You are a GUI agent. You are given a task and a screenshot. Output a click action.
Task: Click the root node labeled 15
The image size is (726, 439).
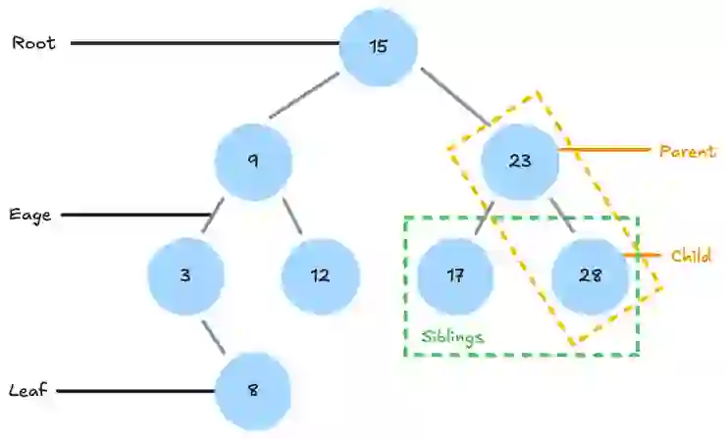click(x=379, y=46)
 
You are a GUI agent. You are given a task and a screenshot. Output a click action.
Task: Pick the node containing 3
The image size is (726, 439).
click(x=185, y=275)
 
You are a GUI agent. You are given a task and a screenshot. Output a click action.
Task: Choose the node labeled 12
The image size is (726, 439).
click(x=320, y=275)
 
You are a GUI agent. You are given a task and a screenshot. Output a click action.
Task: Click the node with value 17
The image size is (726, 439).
click(x=454, y=275)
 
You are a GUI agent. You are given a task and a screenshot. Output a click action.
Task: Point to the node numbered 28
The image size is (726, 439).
click(x=589, y=275)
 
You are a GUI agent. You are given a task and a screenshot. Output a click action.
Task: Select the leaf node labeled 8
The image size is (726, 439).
click(x=252, y=390)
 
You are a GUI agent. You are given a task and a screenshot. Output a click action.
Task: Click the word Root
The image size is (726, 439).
click(x=34, y=43)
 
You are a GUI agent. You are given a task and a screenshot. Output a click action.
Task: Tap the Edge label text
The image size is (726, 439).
click(x=31, y=215)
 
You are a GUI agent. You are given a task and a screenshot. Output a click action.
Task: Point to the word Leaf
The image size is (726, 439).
click(x=28, y=390)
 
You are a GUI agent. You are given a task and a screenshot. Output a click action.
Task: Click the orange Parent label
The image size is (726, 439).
click(x=688, y=151)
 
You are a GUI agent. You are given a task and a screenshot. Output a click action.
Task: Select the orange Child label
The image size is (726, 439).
click(x=691, y=256)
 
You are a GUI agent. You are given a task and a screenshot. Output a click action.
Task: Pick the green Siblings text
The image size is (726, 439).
click(x=452, y=336)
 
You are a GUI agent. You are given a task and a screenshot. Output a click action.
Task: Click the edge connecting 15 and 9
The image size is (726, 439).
click(x=304, y=96)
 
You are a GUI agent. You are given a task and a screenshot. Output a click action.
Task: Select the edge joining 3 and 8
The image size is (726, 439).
click(x=215, y=336)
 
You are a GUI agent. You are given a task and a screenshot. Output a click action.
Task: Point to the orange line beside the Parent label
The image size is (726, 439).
click(x=604, y=150)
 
